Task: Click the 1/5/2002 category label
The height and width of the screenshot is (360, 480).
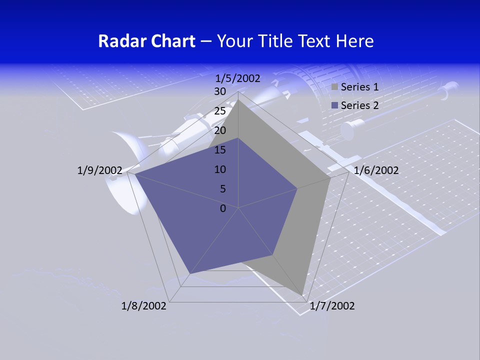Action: (238, 78)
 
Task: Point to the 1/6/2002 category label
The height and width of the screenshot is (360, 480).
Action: (376, 170)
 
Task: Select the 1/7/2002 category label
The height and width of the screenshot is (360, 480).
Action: (332, 306)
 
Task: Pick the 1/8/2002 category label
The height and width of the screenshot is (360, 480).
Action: (144, 306)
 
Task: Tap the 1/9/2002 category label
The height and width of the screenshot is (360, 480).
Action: (100, 170)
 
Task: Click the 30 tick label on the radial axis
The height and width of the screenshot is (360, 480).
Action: (219, 91)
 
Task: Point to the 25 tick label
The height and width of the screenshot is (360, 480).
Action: (219, 111)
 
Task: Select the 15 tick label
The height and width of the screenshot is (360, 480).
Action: (219, 150)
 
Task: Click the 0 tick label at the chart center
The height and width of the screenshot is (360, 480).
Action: (223, 208)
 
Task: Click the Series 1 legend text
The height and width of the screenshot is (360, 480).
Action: (359, 87)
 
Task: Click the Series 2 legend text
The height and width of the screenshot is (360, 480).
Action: (359, 105)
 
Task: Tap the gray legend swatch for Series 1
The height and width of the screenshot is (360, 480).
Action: (334, 87)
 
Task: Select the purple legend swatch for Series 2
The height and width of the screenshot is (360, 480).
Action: (334, 105)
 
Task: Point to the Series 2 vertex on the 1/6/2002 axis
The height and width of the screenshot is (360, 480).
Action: (297, 188)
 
